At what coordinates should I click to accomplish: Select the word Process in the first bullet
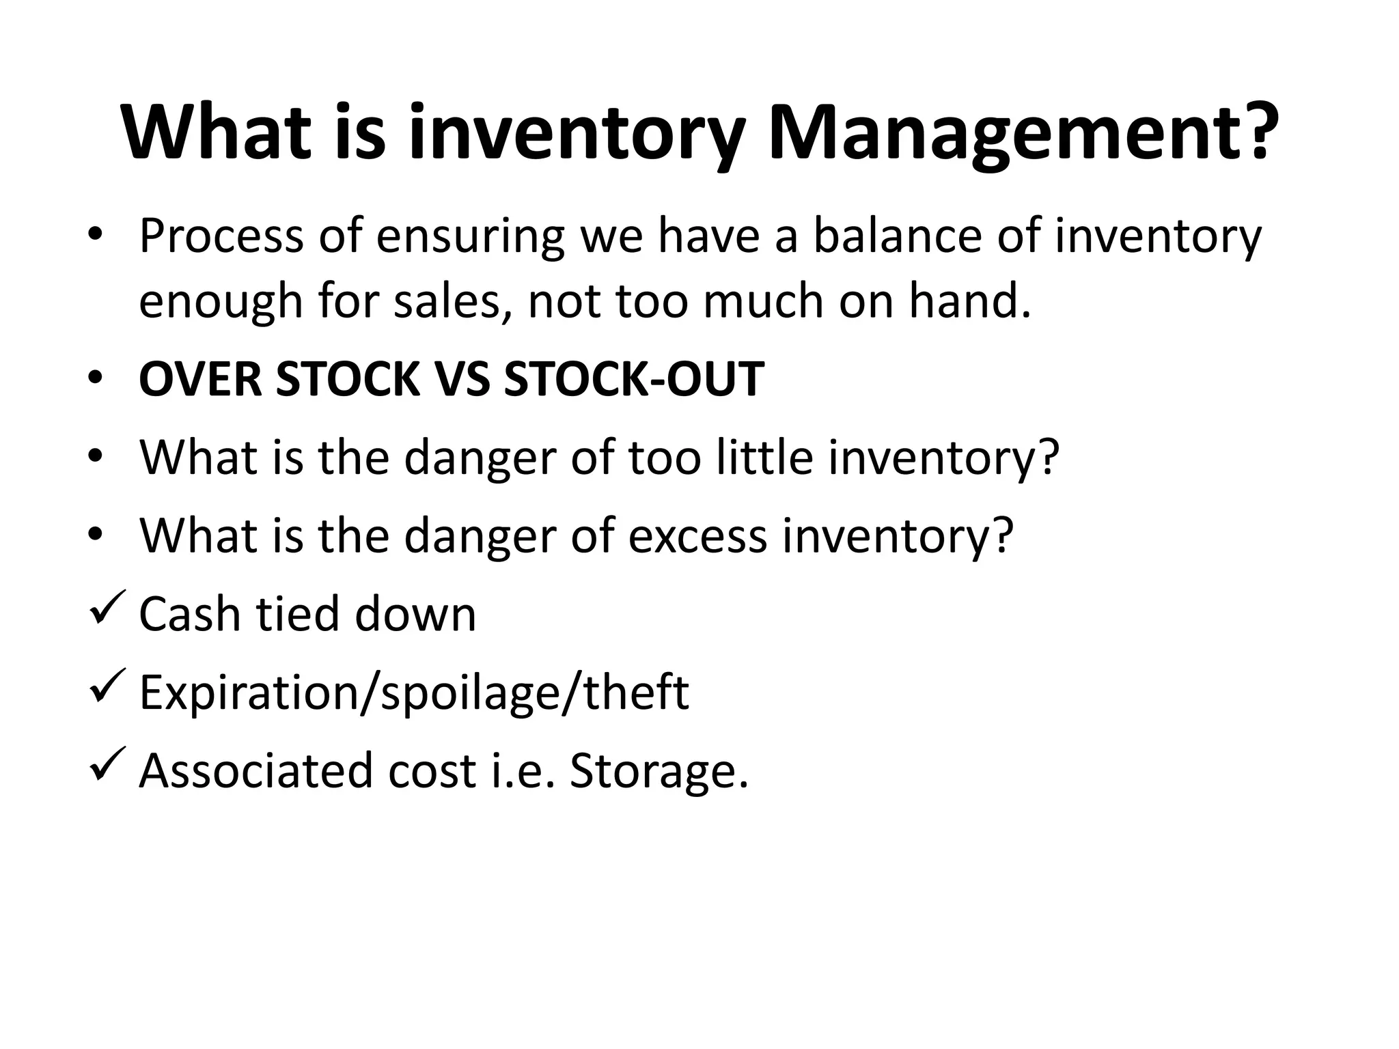(x=221, y=236)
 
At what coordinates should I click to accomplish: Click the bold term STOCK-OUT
(x=634, y=379)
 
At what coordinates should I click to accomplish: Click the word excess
(x=697, y=535)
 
